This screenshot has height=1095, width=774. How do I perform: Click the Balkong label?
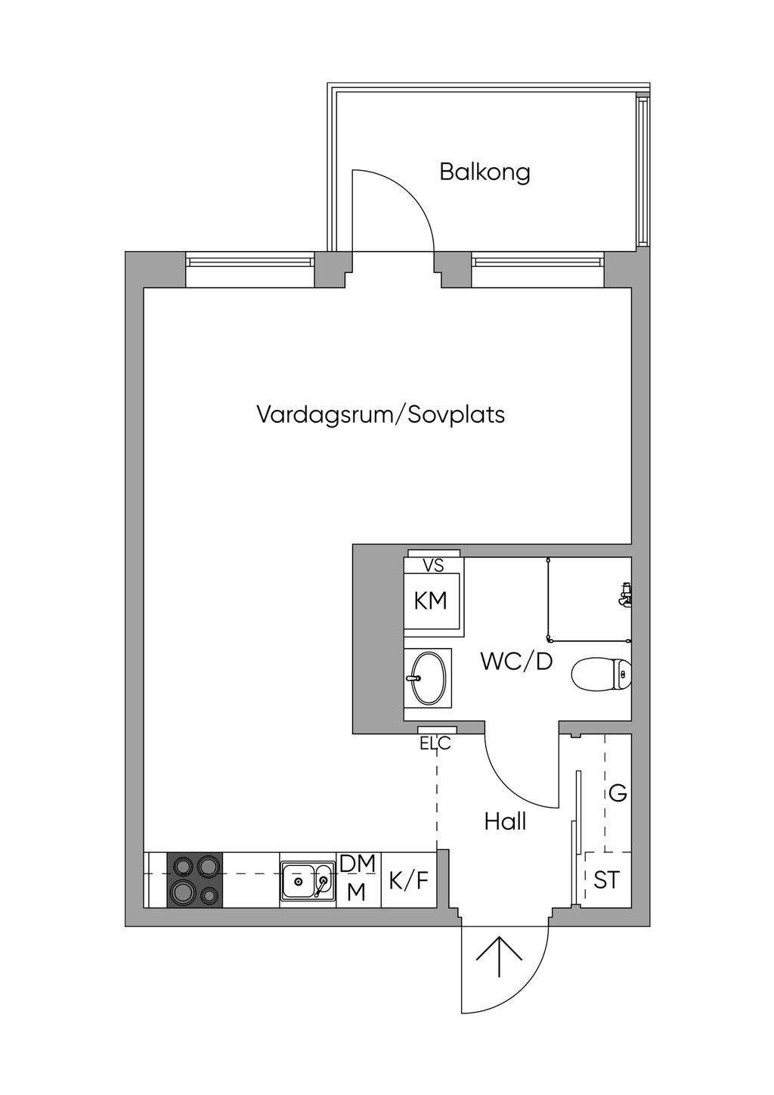coord(485,172)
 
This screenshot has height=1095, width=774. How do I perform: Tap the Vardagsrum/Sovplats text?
coord(381,415)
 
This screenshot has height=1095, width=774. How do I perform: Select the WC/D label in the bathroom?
coord(516,662)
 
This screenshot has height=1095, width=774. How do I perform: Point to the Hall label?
coord(505,822)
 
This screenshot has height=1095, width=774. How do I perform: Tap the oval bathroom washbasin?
coord(428,678)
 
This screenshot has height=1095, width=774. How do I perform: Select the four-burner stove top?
coord(195,880)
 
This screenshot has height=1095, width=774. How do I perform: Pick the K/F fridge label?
coord(408,881)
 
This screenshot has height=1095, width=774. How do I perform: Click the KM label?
coord(431,600)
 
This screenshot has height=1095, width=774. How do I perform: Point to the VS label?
coord(433,566)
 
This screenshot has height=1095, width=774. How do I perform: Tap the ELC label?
coord(435,744)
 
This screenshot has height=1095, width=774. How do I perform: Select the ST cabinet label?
coord(606,880)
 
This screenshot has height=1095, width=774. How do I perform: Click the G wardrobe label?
coord(618,793)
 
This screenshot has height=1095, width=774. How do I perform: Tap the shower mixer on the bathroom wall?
coord(625,594)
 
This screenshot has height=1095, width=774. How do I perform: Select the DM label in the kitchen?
coord(358,864)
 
